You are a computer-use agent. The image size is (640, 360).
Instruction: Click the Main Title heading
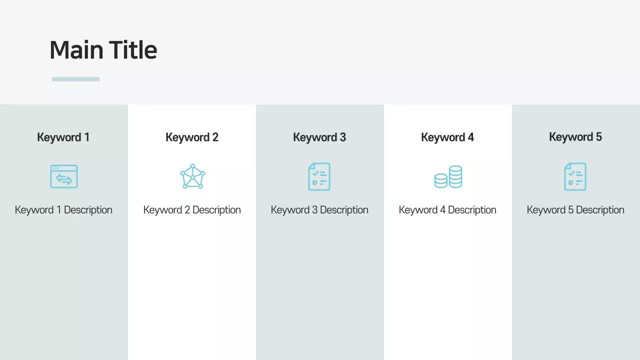[103, 50]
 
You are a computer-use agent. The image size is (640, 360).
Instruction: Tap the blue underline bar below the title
[75, 79]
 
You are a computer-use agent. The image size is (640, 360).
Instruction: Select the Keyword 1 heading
[63, 137]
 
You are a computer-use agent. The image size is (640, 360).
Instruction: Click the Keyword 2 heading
[192, 137]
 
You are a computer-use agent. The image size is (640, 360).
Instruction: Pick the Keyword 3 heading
[319, 137]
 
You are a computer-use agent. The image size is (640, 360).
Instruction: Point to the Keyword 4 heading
[447, 137]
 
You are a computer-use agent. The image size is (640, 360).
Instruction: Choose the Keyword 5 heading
[575, 136]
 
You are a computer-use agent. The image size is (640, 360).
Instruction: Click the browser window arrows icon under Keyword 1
[64, 176]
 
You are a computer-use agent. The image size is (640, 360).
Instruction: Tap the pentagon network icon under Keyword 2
[192, 176]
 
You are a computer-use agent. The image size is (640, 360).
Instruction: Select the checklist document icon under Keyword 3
[319, 176]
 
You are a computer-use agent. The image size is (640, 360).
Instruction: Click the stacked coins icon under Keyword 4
[448, 177]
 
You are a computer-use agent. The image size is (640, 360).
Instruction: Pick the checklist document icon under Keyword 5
[575, 176]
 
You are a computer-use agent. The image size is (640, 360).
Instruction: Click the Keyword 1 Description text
[63, 210]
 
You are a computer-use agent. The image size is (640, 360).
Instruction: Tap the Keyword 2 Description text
[192, 210]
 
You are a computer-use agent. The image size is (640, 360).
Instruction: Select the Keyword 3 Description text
[319, 210]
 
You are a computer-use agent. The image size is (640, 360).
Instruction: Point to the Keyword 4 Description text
[447, 210]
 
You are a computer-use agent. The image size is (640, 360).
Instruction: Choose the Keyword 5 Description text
[575, 210]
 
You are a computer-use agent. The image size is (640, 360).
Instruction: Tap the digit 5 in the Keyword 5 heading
[598, 136]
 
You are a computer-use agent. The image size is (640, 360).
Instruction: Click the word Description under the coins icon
[472, 210]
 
